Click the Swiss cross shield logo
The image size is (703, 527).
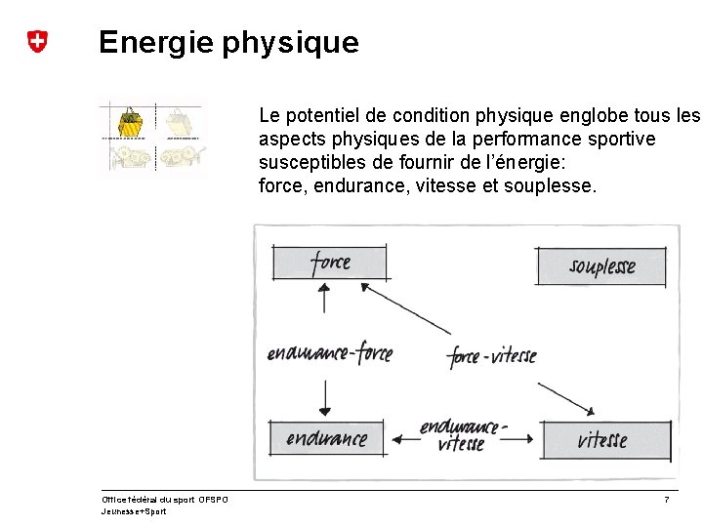37,42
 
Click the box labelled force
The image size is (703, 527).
330,263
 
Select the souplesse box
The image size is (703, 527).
601,266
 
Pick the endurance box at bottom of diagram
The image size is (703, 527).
326,439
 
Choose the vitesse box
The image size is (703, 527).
601,440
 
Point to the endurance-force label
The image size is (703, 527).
329,353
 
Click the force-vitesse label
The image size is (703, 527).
492,356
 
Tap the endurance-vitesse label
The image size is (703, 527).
463,435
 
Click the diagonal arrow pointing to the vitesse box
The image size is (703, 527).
567,396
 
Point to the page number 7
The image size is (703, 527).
666,500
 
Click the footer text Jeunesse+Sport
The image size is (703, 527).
134,511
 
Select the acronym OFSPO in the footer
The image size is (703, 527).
213,500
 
